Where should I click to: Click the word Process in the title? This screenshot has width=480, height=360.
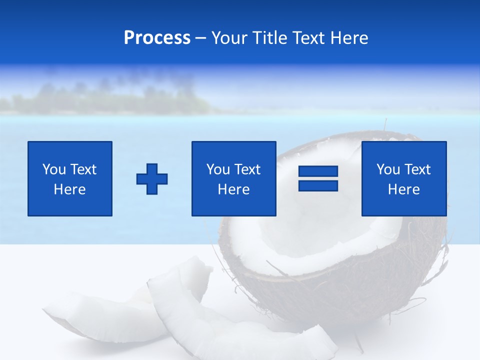click(x=157, y=38)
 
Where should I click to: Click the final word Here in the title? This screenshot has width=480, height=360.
click(x=348, y=38)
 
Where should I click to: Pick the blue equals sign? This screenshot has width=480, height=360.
click(x=318, y=178)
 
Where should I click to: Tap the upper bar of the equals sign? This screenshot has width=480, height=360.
click(x=318, y=171)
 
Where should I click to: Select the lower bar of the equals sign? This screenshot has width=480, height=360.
click(x=318, y=185)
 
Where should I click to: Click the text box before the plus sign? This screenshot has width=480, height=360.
click(x=70, y=178)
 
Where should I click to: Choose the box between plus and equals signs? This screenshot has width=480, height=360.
click(x=233, y=178)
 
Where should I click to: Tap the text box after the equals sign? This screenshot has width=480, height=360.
click(x=403, y=178)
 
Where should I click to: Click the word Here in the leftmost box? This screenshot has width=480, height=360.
click(x=69, y=189)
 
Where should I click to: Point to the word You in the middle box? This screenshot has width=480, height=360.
click(x=218, y=169)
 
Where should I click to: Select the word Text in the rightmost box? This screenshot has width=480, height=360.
click(x=417, y=169)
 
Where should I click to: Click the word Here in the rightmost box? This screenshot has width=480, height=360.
click(x=403, y=189)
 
